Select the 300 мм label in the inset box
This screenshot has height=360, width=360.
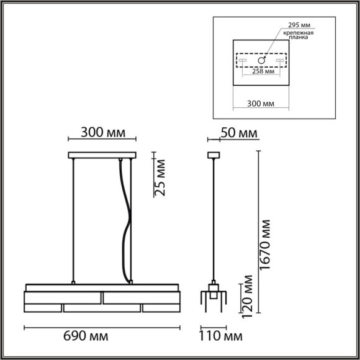(261, 105)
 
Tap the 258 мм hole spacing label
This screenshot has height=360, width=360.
(263, 71)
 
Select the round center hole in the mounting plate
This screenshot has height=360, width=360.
(263, 61)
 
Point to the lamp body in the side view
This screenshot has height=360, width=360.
(214, 297)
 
